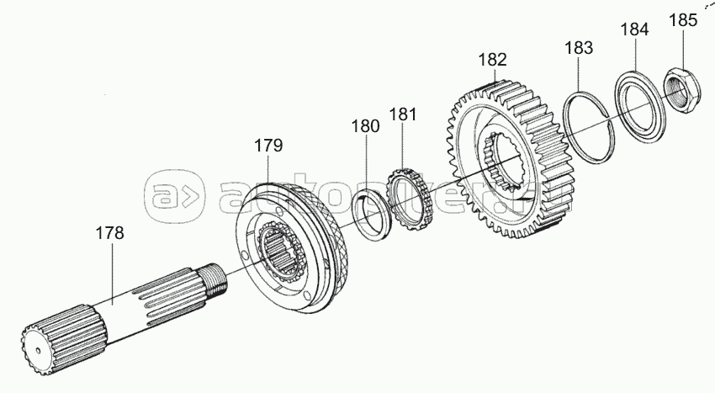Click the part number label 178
[x=109, y=233]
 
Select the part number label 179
[x=268, y=145]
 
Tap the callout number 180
[x=365, y=126]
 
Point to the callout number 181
[x=403, y=113]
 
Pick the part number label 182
[x=492, y=60]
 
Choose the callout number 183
[x=579, y=47]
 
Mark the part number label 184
[x=634, y=29]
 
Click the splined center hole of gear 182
[x=507, y=164]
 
